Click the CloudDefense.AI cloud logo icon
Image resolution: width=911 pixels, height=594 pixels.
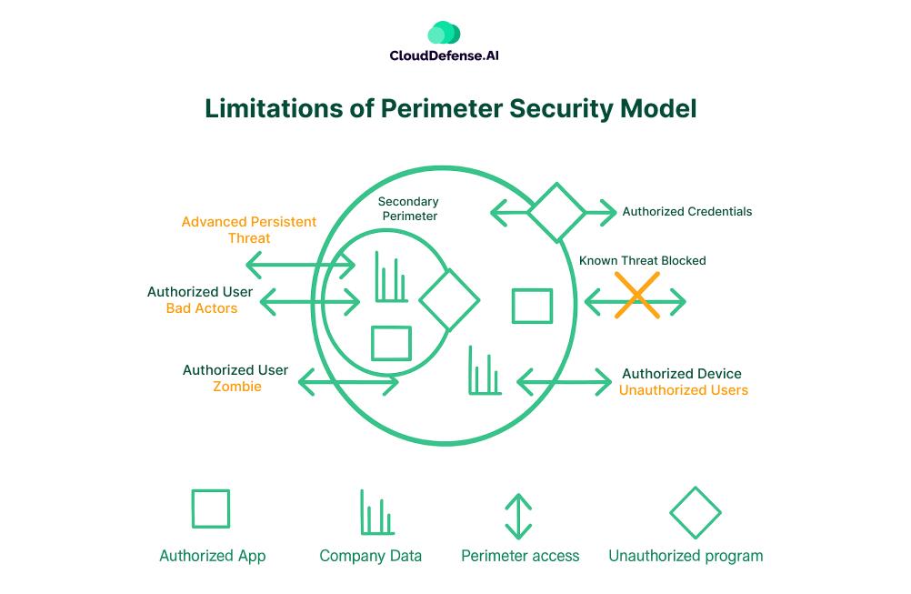tap(444, 34)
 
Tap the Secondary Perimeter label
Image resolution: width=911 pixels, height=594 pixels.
tap(408, 208)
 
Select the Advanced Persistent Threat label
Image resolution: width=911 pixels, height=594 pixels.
tap(248, 229)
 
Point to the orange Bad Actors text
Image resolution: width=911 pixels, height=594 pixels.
tap(202, 308)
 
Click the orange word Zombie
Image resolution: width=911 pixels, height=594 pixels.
tap(237, 387)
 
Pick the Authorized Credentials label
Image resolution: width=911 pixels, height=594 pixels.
tap(686, 212)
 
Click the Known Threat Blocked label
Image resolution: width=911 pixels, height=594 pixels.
tap(642, 260)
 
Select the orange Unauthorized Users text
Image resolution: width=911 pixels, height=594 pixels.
tap(683, 390)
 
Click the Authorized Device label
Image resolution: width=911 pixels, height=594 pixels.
tap(681, 374)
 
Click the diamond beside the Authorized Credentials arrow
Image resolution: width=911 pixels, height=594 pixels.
tap(556, 213)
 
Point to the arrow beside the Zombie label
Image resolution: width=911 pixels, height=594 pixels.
tap(348, 382)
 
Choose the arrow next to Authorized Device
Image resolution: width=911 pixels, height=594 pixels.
tap(564, 382)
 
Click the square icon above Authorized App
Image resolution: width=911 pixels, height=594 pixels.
tap(211, 509)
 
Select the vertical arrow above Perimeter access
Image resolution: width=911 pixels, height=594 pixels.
tap(517, 516)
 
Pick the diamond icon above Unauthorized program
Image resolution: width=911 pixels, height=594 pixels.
tap(695, 513)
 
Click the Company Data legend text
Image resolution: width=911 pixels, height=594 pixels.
tap(370, 556)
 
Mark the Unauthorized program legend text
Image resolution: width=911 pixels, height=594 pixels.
tap(686, 556)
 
